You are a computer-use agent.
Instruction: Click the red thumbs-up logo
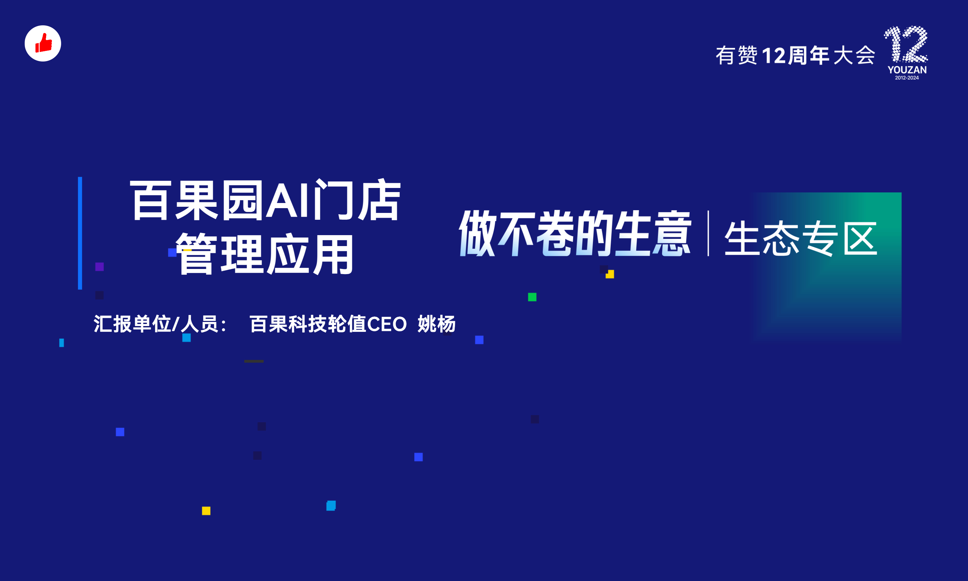click(x=43, y=43)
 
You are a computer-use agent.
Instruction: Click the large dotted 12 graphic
click(x=906, y=44)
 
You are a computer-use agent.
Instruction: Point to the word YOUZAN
click(x=907, y=70)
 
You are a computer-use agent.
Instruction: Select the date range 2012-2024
click(x=907, y=78)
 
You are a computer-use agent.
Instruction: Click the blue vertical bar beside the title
click(x=80, y=233)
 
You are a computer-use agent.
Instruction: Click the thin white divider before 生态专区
click(x=708, y=233)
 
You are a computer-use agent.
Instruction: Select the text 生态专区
click(x=801, y=238)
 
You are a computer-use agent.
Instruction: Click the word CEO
click(x=387, y=325)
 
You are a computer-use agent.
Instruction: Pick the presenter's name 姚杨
click(x=437, y=324)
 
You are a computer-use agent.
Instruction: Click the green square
click(x=532, y=297)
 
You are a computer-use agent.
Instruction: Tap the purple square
click(x=99, y=267)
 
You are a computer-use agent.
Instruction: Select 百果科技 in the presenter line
click(x=288, y=324)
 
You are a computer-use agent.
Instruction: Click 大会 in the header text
click(x=854, y=55)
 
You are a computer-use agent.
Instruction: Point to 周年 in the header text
click(x=809, y=55)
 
